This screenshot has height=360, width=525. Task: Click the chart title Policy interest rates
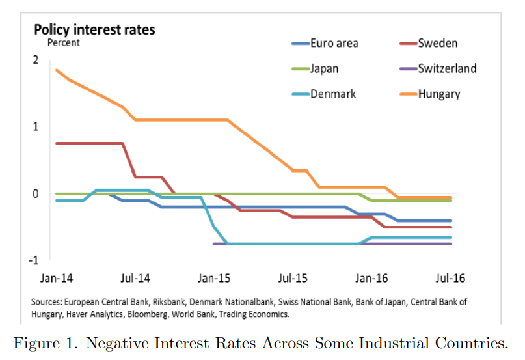pos(94,29)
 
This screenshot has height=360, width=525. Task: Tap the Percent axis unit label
pos(63,43)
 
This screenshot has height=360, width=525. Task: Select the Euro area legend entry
pos(334,44)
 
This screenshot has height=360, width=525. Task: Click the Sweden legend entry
pos(437,44)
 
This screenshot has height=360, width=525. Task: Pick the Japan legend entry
pos(324,68)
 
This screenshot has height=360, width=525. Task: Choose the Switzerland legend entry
pos(447,68)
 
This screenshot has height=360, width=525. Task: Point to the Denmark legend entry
pos(333,94)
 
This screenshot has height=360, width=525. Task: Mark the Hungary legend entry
pos(439,94)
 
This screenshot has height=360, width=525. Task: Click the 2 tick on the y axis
pos(36,60)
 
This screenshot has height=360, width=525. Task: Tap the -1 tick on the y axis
pos(34,260)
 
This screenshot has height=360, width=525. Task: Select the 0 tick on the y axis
pos(36,193)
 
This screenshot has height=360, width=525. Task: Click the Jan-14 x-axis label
pos(57,277)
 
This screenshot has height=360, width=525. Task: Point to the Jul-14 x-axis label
pos(135,277)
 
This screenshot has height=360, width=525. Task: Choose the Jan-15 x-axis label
pos(214,277)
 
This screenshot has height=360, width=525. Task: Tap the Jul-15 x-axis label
pos(293,277)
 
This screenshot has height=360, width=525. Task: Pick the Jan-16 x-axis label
pos(372,277)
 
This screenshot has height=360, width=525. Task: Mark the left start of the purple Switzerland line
pos(214,243)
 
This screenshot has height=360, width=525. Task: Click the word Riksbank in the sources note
pos(155,303)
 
